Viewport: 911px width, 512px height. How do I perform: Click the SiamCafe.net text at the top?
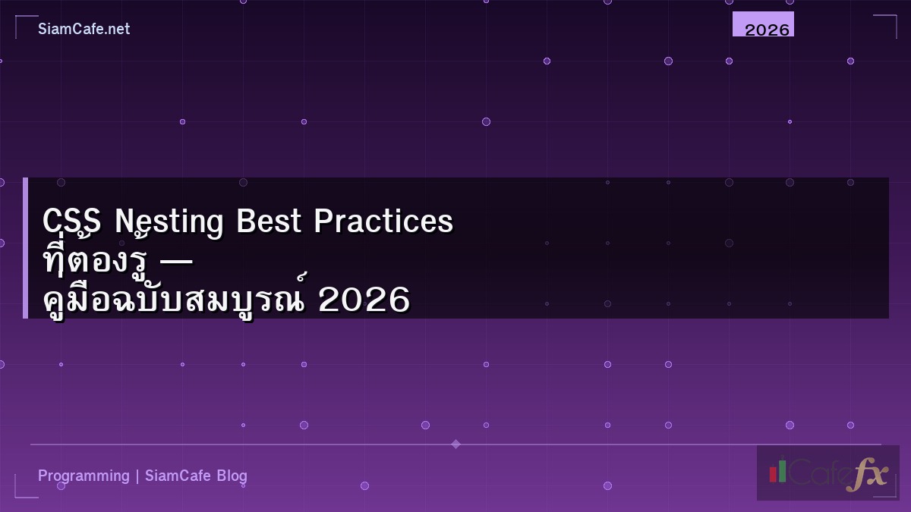84,29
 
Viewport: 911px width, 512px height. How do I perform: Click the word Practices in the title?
383,221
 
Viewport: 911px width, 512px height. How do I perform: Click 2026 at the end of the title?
364,300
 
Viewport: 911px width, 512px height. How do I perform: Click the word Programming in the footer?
84,476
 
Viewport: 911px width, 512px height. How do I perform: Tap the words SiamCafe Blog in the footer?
196,476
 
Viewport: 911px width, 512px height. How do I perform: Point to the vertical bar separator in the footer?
137,476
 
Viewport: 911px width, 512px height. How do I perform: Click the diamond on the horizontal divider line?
455,444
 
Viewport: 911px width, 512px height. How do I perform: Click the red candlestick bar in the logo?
773,473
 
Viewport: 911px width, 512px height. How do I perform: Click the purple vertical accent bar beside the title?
25,248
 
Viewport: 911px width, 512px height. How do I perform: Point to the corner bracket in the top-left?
23,23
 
